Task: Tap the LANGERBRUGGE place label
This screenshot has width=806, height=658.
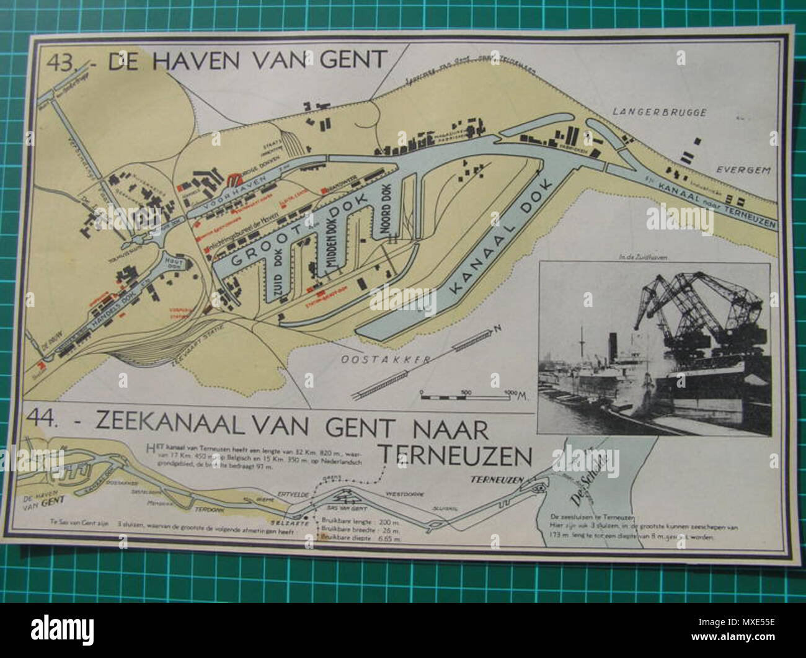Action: pyautogui.click(x=649, y=113)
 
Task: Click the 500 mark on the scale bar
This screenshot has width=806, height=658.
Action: pyautogui.click(x=466, y=392)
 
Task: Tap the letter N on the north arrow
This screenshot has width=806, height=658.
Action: pyautogui.click(x=496, y=327)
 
